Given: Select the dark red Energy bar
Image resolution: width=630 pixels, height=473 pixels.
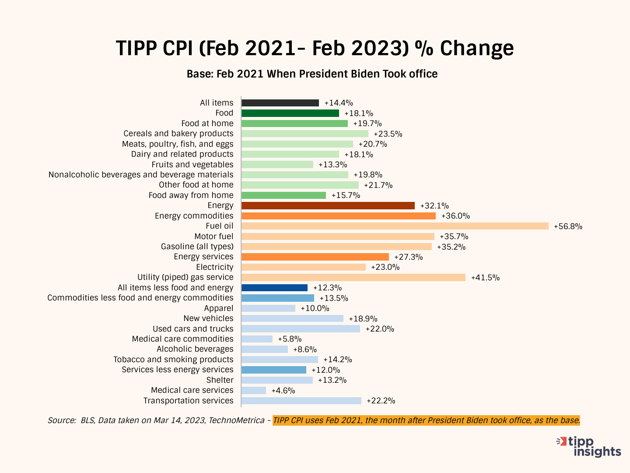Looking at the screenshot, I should (328, 205).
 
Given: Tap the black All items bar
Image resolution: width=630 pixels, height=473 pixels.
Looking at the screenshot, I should (280, 103).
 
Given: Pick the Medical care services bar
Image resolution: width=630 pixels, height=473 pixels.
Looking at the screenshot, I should (254, 390).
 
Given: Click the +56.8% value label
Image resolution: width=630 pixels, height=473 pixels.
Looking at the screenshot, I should (568, 226).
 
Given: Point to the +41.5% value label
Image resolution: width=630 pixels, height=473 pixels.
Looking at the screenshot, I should (485, 278).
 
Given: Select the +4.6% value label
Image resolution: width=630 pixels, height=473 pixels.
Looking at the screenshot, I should (283, 391).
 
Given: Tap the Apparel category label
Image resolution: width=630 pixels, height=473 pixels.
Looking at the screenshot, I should (219, 308).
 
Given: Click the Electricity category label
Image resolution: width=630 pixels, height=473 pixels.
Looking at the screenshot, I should (215, 267).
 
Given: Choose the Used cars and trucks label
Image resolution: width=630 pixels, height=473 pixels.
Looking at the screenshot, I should (193, 329).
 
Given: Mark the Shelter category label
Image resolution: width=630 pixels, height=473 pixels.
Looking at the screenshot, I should (220, 380).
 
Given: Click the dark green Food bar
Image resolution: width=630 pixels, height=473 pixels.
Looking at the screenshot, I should (290, 113).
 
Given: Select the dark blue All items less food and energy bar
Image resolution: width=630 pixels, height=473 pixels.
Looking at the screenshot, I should (274, 288).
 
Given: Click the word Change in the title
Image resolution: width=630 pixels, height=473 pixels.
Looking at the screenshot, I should (477, 48).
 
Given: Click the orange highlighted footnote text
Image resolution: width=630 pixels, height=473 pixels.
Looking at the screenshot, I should (427, 420).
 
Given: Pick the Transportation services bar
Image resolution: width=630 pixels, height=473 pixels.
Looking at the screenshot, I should (301, 401).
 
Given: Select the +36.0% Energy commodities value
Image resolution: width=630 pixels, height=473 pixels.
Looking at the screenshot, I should (455, 216).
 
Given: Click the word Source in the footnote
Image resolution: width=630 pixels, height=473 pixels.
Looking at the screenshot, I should (62, 420).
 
